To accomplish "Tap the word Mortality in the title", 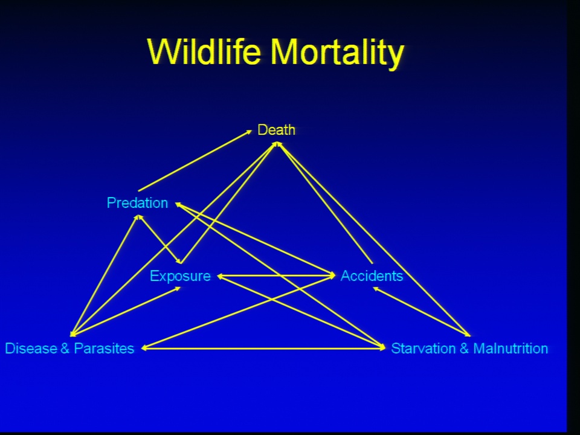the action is [x=337, y=54].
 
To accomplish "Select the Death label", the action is [x=276, y=130].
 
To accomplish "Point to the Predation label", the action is [x=137, y=203].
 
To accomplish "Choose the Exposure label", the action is [x=180, y=276].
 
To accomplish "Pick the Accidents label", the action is [x=372, y=276].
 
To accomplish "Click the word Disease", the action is [x=31, y=349].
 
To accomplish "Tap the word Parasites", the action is [x=104, y=349].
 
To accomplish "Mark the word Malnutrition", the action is [x=511, y=349].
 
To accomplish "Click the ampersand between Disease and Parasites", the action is [x=65, y=349].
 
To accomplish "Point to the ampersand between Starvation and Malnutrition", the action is [x=464, y=349].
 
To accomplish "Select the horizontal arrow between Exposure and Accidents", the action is [x=276, y=275].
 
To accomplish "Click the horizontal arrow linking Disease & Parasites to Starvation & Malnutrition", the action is [x=263, y=348].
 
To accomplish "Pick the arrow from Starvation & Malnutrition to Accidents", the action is [x=421, y=312].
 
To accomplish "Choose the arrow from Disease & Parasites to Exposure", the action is [x=126, y=312].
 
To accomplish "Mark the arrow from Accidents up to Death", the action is [x=325, y=203].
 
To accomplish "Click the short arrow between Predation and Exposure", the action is [x=159, y=239].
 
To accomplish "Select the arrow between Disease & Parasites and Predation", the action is [x=105, y=275].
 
